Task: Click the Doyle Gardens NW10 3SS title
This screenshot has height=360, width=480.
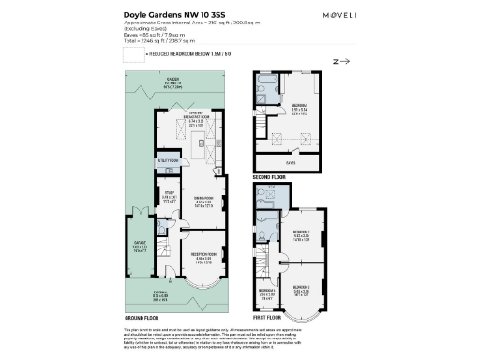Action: [166, 15]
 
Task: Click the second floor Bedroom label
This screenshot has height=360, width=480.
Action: [298, 107]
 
